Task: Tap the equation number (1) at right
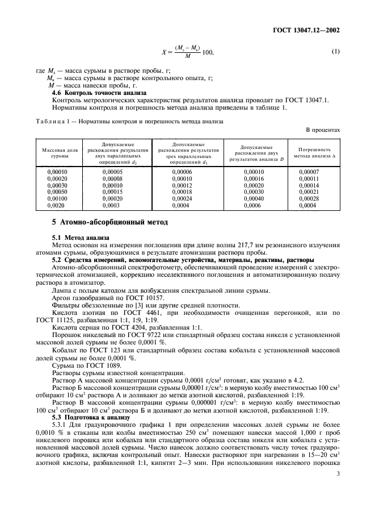[x=335, y=52]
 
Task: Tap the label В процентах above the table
[x=323, y=130]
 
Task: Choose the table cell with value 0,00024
[x=183, y=198]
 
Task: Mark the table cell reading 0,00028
[x=309, y=198]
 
